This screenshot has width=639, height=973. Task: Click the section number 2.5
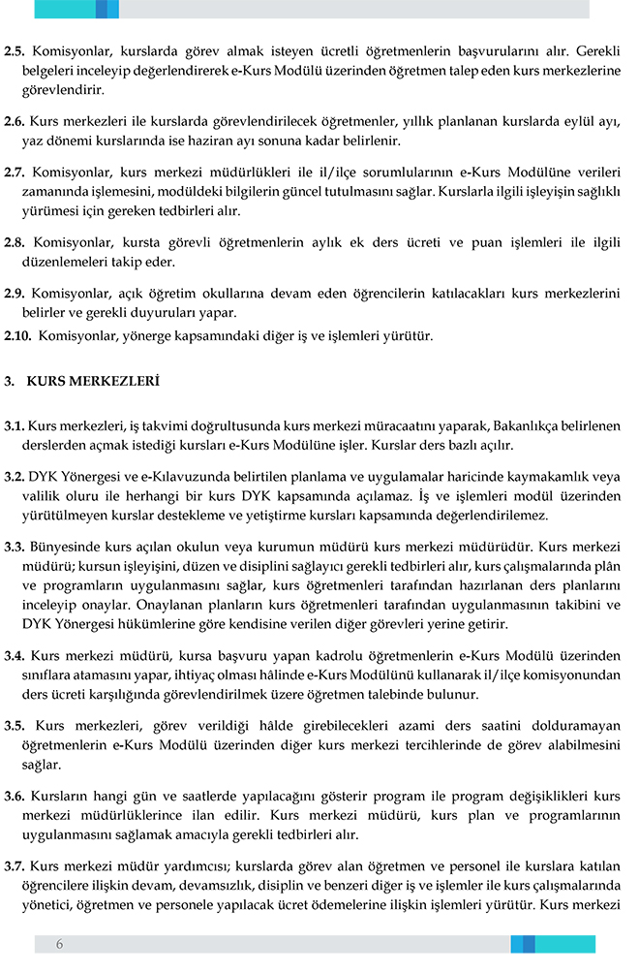click(x=15, y=49)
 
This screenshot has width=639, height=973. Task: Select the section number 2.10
click(x=18, y=336)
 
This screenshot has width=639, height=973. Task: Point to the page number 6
click(x=59, y=944)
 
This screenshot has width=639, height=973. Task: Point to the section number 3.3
click(x=15, y=546)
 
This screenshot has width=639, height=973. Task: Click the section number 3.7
click(x=15, y=865)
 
